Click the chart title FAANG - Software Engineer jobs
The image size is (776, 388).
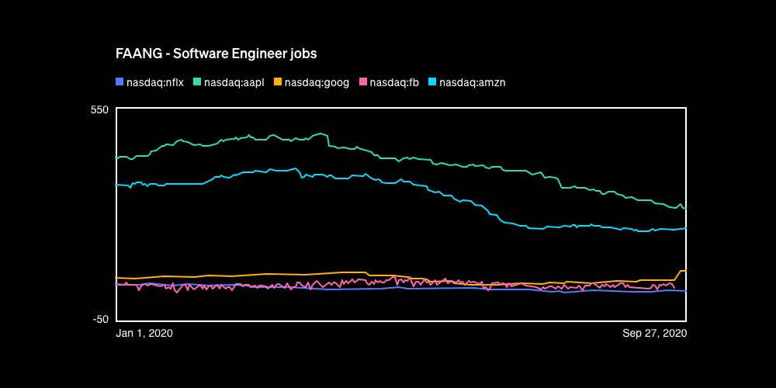(x=216, y=54)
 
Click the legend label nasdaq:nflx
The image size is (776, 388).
(x=155, y=82)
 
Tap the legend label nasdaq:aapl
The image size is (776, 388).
(x=233, y=82)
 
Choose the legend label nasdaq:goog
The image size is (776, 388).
(x=317, y=82)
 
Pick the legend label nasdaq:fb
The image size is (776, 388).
(x=394, y=82)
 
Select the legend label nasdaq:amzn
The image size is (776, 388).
(x=473, y=82)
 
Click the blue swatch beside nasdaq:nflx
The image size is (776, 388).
(x=120, y=81)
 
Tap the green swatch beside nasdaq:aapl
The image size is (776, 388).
(x=197, y=81)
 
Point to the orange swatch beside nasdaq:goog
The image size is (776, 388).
(x=279, y=81)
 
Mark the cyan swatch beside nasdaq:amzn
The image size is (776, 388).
(x=432, y=81)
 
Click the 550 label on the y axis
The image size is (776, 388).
(x=99, y=110)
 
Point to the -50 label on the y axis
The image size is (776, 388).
(x=99, y=319)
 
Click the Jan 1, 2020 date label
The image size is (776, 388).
(x=144, y=333)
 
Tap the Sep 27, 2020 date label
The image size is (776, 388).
(x=655, y=333)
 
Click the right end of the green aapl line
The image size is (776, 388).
(x=685, y=208)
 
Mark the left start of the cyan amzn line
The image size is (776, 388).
(x=116, y=184)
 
